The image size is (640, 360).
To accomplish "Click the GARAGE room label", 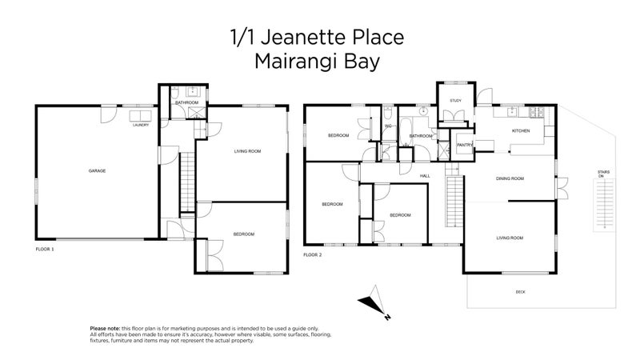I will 97,170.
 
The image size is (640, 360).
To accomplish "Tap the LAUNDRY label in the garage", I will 141,125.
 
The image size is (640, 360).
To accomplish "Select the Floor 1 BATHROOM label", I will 187,103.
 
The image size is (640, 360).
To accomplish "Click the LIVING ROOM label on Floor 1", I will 246,150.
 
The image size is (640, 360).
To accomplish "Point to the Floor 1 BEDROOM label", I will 243,234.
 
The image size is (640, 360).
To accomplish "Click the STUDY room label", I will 455,100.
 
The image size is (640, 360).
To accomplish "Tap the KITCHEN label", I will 521,130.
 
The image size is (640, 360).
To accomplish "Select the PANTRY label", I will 465,145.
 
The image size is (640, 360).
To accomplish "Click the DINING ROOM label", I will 510,178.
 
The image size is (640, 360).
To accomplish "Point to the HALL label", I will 425,175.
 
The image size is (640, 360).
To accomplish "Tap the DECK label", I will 521,292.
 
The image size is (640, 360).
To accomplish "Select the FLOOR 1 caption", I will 45,250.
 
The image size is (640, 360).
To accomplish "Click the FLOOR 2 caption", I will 312,254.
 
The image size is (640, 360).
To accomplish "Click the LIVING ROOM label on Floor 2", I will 510,238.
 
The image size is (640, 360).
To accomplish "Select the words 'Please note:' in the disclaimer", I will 105,329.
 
